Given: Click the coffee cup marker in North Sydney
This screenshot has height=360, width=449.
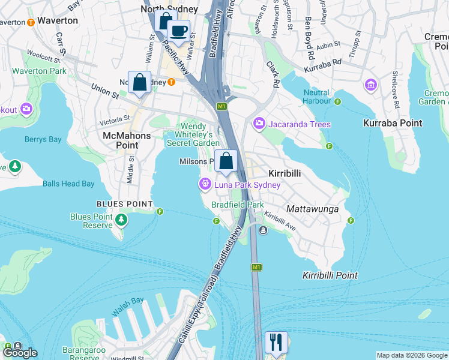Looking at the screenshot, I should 178,30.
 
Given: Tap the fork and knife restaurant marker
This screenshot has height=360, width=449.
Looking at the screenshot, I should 276,342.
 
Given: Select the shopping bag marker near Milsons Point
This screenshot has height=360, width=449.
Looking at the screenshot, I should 226,161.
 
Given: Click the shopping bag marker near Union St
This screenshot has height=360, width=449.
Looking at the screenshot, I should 139,82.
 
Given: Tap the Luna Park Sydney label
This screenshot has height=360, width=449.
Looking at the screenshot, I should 248,185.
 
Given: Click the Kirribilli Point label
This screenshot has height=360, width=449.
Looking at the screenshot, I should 330,275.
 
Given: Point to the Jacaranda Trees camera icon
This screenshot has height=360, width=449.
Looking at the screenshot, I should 259,124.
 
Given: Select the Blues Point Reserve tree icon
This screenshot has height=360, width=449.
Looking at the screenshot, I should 122,220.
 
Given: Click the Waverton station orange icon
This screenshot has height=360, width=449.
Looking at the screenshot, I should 31,22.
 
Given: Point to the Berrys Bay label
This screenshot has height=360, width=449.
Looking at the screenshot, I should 43,139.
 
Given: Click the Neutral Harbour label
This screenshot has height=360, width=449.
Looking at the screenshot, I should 316,97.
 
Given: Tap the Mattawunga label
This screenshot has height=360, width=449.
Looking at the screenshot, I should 312,209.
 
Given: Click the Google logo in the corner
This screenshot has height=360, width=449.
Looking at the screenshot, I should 19,353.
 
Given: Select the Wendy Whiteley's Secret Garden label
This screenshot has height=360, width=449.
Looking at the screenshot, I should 197,134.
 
